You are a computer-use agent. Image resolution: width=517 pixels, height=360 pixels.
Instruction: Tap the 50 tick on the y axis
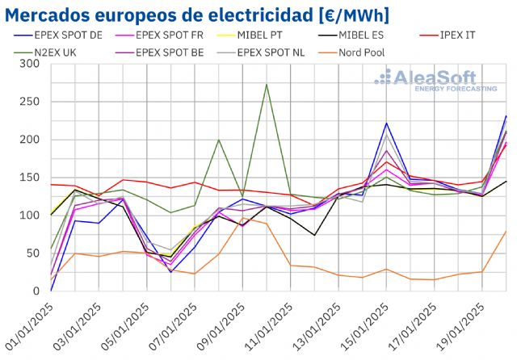coord(35,253)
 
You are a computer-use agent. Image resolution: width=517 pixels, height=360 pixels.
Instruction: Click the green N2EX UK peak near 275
coord(267,84)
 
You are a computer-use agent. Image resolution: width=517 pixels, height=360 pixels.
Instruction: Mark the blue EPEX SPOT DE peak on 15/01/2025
coord(387,123)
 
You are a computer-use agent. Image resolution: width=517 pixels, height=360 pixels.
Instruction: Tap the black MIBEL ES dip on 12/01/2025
coord(315,235)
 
